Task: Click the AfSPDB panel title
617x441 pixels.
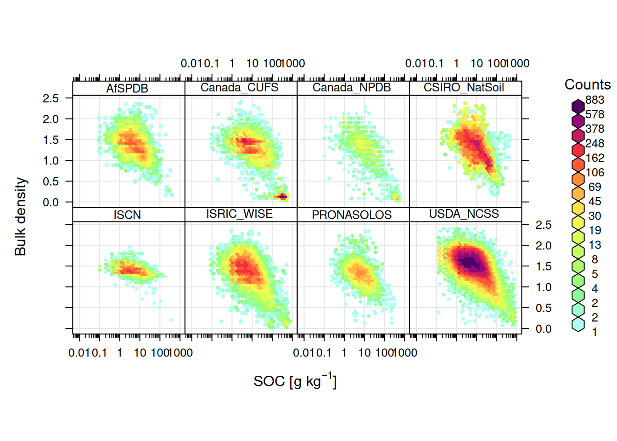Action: tap(127, 88)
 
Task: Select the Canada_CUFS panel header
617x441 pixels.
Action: tap(239, 87)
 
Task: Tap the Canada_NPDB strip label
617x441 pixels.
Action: tap(352, 87)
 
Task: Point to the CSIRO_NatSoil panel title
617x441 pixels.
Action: tap(464, 87)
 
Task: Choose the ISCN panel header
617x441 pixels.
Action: tap(127, 215)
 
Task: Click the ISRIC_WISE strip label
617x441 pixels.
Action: tap(239, 214)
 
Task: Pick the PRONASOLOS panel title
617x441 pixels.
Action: tap(352, 215)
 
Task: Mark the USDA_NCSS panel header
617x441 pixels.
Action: tap(464, 214)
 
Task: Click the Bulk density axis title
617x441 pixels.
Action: tap(20, 217)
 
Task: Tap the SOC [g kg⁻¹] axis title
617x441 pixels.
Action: tap(295, 381)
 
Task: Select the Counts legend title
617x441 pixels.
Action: tap(587, 85)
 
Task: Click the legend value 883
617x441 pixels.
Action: tap(595, 100)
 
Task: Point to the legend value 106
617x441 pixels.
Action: tap(595, 172)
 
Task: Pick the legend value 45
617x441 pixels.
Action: tap(595, 201)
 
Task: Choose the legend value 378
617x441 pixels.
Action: tap(595, 129)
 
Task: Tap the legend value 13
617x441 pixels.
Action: tap(595, 245)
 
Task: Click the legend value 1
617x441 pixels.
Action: tap(595, 332)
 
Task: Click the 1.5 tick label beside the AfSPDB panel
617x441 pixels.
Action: tap(50, 140)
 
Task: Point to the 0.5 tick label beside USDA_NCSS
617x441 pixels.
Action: tap(544, 308)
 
